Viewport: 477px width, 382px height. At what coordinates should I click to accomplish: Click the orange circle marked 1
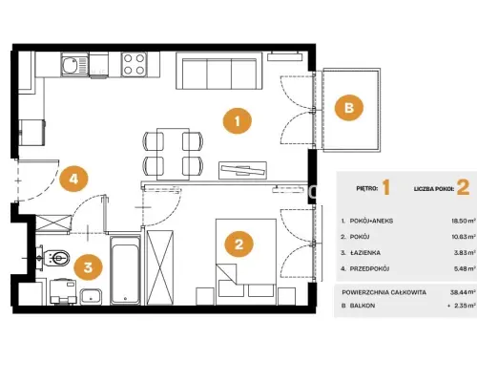(238, 121)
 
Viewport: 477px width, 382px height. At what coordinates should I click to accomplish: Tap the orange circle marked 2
(238, 244)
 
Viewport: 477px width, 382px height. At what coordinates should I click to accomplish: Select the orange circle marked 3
(88, 266)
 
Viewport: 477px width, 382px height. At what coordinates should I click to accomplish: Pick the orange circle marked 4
(73, 179)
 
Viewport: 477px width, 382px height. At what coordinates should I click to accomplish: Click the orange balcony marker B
(349, 108)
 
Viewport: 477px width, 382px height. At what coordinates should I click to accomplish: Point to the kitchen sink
(74, 66)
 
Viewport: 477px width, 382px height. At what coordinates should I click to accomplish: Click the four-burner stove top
(134, 64)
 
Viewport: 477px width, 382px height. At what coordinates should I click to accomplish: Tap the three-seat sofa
(218, 71)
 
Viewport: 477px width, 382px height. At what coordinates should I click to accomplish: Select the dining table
(173, 154)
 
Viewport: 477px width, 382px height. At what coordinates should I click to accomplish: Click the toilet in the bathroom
(54, 258)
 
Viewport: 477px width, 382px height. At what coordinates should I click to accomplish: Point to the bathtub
(125, 270)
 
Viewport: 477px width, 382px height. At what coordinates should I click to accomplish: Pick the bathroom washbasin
(91, 297)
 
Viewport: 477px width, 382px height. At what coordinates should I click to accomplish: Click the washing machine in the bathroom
(63, 292)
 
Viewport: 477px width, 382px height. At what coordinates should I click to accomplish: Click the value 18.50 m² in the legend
(464, 221)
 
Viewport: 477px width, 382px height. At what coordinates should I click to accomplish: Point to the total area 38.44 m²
(463, 292)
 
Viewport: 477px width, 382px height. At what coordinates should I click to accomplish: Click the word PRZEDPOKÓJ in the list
(369, 268)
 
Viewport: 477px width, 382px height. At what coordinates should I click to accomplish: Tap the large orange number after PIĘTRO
(385, 187)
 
